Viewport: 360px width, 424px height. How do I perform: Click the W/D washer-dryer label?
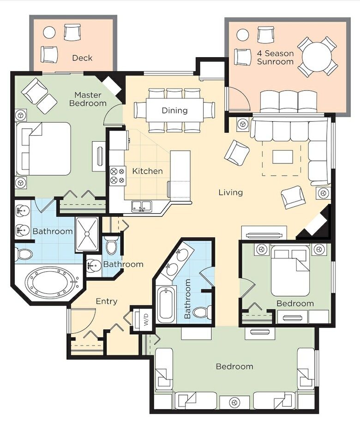click(x=146, y=319)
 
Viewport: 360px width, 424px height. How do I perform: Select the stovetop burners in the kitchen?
click(x=117, y=176)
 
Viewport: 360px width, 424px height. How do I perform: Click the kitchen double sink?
click(x=142, y=206)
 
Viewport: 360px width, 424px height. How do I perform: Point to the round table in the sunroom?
click(x=317, y=56)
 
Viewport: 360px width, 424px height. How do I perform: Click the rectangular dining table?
click(x=174, y=110)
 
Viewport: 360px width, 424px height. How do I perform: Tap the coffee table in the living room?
click(x=282, y=157)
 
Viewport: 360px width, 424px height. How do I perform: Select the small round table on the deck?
click(x=49, y=33)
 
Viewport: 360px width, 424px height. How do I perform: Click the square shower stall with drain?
click(x=87, y=234)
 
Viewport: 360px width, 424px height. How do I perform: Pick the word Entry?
click(x=107, y=301)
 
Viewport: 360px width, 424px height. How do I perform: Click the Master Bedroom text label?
click(x=88, y=99)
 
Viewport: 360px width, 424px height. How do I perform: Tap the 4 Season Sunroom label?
click(x=275, y=57)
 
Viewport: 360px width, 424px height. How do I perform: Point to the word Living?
click(x=231, y=192)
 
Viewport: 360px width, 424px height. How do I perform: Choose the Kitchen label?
click(x=147, y=171)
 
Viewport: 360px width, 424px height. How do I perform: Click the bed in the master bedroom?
click(x=43, y=149)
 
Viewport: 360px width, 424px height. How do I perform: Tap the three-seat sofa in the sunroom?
click(x=288, y=102)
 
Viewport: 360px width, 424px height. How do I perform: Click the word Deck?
click(x=82, y=58)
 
